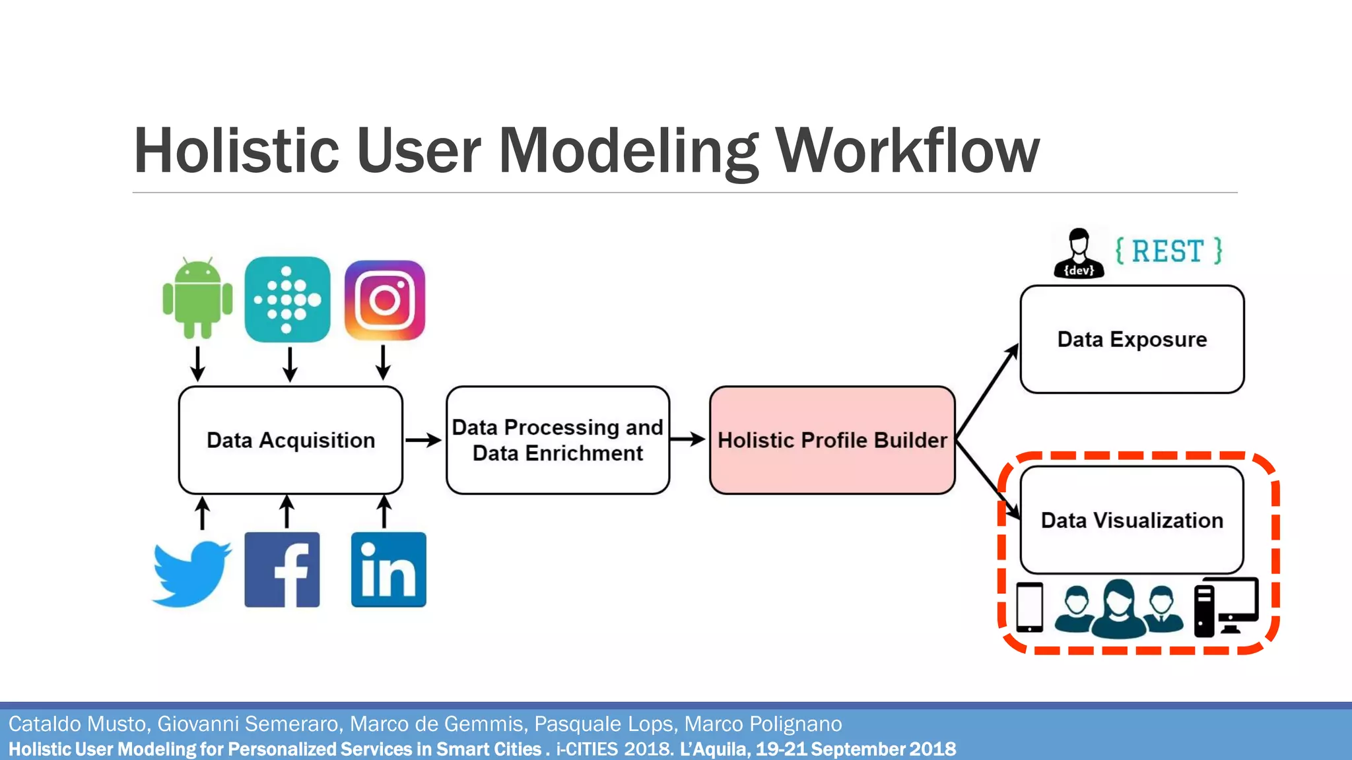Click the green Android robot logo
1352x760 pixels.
197,298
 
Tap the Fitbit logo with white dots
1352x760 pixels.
287,299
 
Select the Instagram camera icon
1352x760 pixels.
385,300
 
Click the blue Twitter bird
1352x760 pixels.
191,573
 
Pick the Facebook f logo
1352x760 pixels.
282,569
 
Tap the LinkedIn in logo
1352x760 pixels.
388,569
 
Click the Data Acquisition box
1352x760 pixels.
290,440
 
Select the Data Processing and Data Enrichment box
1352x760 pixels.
558,440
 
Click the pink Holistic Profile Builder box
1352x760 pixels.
832,440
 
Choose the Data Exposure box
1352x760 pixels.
1132,339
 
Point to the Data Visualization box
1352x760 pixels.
1132,520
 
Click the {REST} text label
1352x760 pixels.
1168,251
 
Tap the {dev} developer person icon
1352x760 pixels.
1079,253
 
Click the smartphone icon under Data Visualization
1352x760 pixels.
1029,607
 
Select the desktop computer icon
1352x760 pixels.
1227,606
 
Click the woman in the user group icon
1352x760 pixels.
1118,608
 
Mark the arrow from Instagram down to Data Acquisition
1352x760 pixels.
383,362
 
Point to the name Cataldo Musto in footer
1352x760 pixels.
77,724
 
